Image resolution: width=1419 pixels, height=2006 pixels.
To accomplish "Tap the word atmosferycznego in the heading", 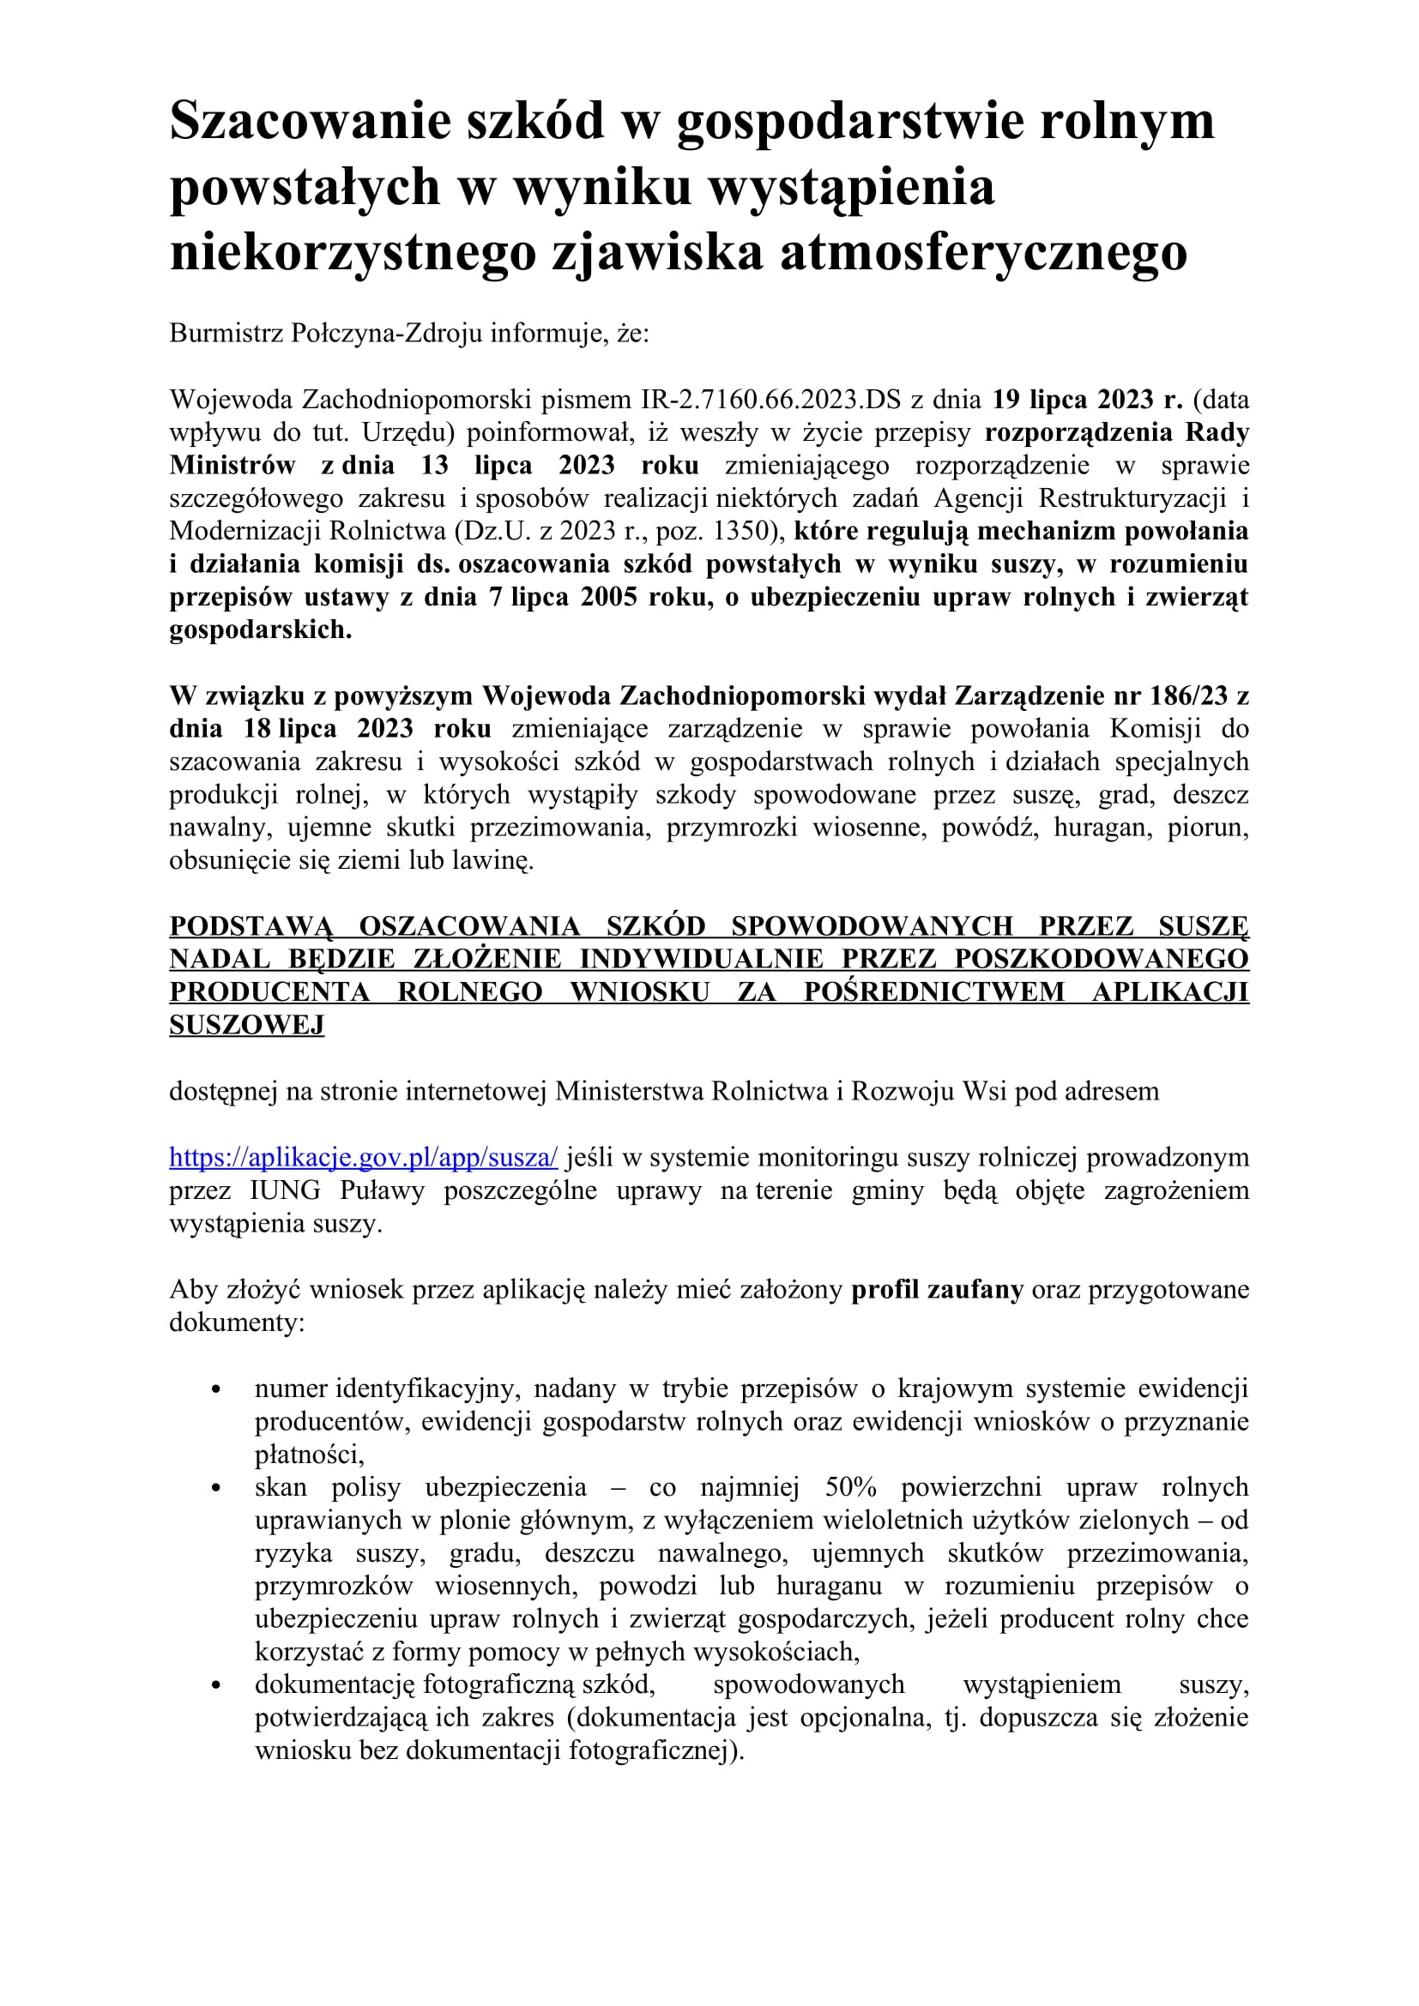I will click(x=983, y=252).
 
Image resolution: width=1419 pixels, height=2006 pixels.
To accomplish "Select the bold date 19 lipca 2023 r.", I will click(x=1087, y=400).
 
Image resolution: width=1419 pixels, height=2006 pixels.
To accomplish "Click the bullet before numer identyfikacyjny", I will click(x=216, y=1389).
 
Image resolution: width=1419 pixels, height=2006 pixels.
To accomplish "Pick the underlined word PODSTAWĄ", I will click(x=251, y=925).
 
